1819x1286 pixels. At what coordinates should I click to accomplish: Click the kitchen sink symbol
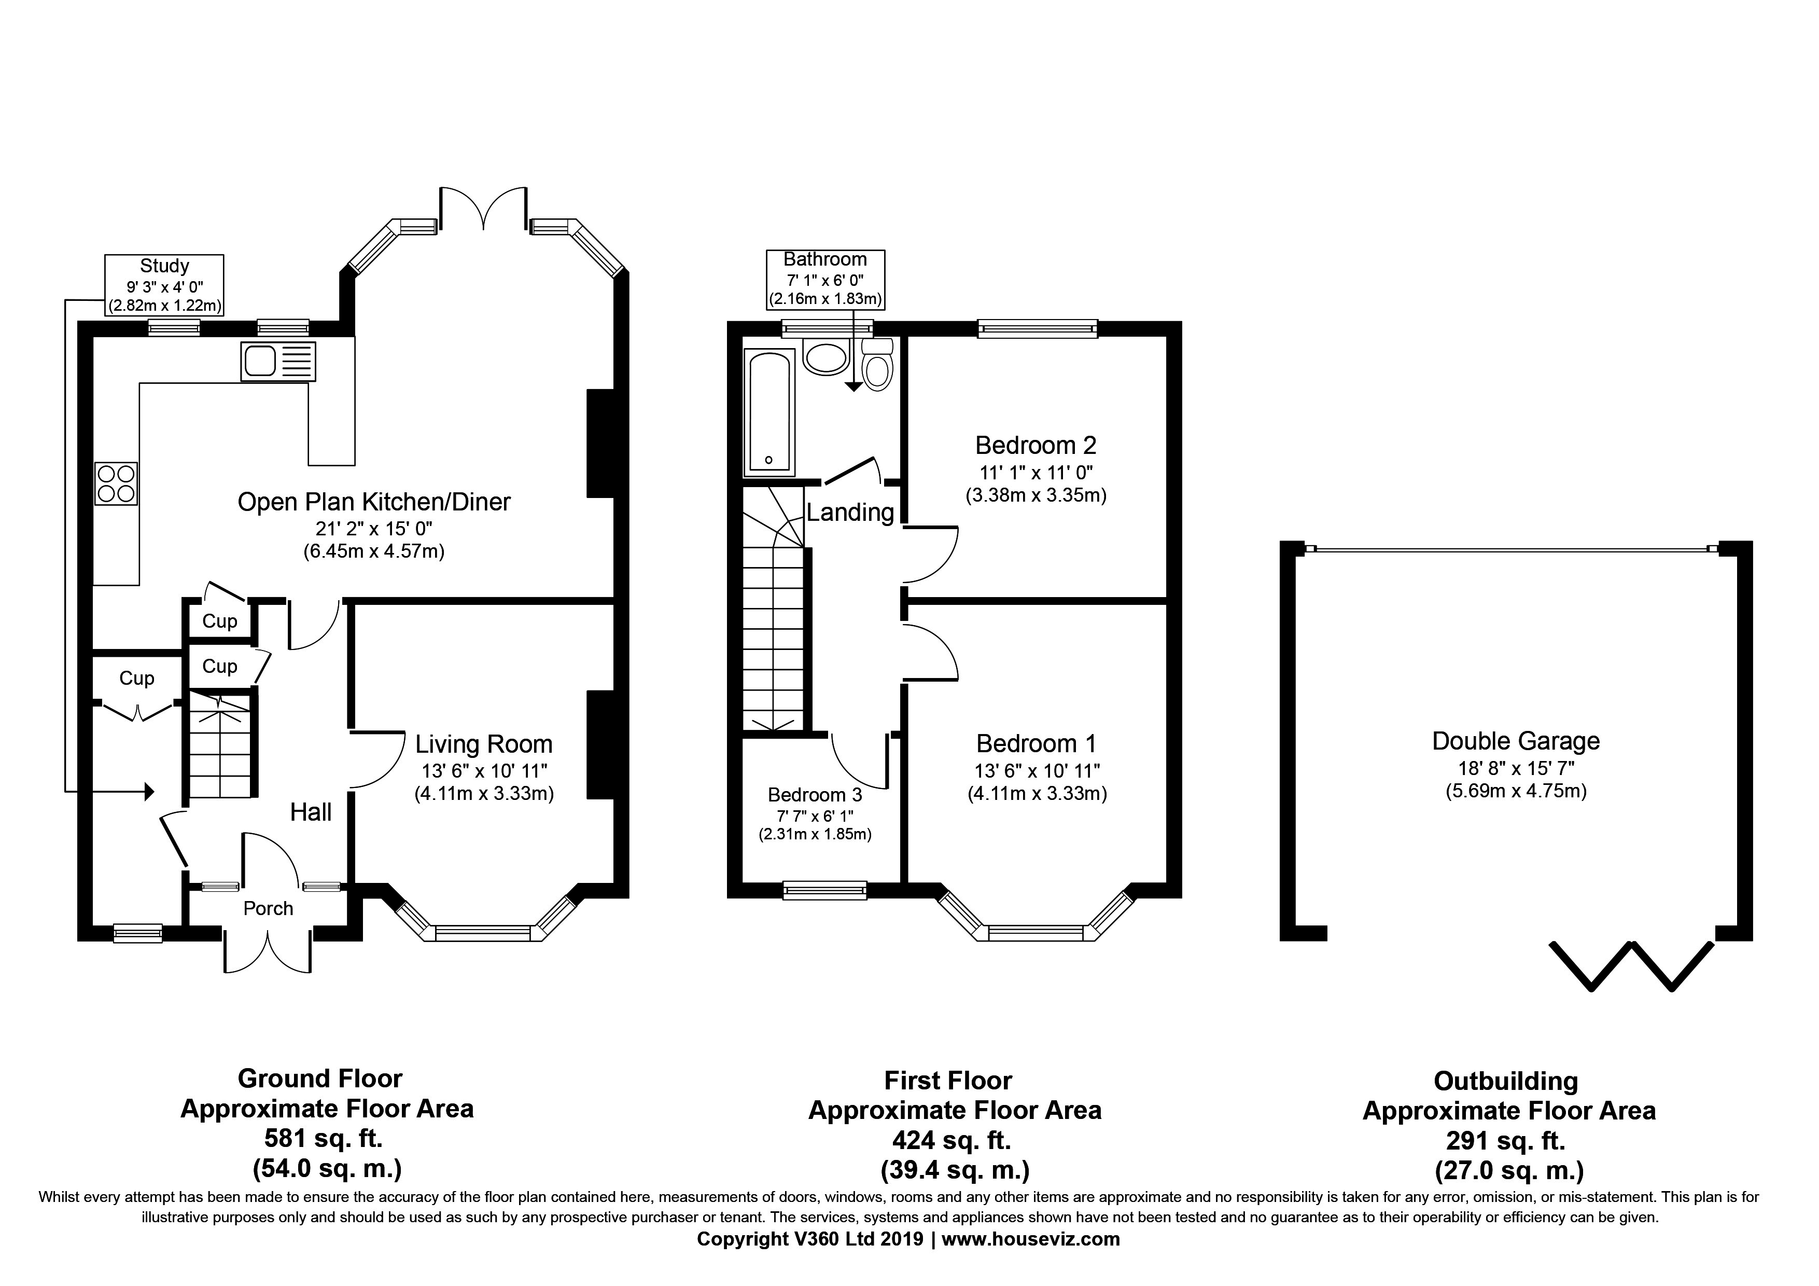(277, 362)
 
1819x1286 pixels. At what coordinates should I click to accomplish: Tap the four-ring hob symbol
(116, 483)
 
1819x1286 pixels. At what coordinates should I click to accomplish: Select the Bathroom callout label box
(825, 279)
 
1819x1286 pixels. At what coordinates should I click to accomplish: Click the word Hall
(311, 812)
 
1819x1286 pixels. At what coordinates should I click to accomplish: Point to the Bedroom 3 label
(815, 795)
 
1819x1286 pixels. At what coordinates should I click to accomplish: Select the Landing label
(850, 513)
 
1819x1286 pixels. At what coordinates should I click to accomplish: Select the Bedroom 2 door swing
(931, 555)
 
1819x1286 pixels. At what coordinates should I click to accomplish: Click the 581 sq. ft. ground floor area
(323, 1139)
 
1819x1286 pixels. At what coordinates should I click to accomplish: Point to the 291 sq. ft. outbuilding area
(1505, 1141)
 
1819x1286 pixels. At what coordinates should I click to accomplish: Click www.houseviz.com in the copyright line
(1030, 1239)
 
